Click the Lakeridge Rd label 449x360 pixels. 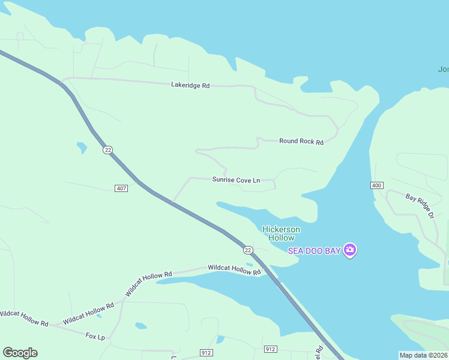(190, 86)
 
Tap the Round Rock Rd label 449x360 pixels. (301, 142)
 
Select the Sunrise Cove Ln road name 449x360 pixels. (236, 179)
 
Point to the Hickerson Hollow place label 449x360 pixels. (281, 233)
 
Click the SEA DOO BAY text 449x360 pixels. (314, 250)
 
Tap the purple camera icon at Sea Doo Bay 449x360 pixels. (350, 250)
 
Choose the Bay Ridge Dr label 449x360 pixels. (420, 205)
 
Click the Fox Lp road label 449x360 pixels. (95, 337)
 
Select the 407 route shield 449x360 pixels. (121, 188)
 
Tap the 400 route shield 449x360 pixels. (376, 185)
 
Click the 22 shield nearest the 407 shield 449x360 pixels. (107, 150)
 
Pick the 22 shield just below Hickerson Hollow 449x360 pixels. (248, 250)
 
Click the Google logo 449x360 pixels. (20, 353)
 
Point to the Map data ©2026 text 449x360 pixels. (424, 355)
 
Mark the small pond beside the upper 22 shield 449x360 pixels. (82, 146)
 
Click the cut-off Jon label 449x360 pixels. (443, 69)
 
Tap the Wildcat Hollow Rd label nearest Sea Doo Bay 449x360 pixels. (235, 269)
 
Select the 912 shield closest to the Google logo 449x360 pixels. (206, 352)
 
